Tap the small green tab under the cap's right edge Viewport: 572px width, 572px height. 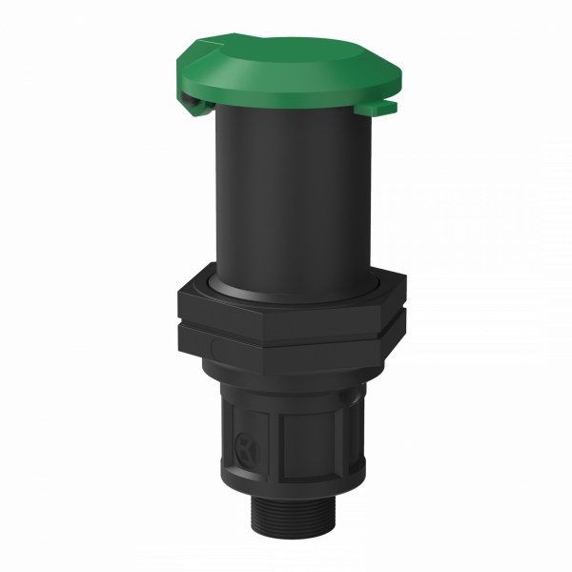[x=378, y=111]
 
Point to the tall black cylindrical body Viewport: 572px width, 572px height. [x=286, y=191]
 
